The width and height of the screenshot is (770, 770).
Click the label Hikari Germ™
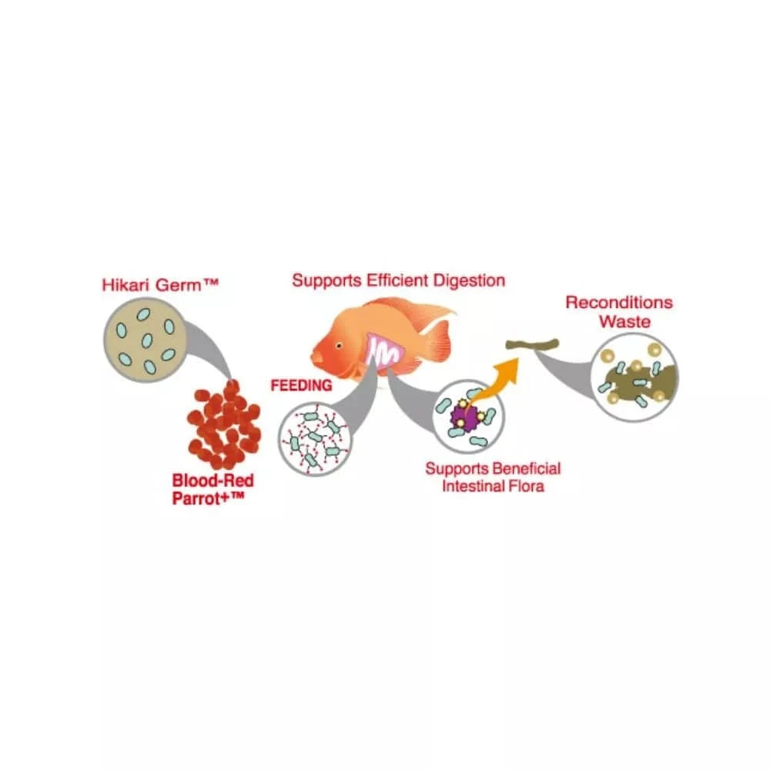[x=161, y=285]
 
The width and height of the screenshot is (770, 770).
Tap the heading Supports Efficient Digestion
[x=398, y=280]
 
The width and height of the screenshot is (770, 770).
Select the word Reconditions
[x=619, y=302]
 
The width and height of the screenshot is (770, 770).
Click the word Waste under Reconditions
[x=624, y=322]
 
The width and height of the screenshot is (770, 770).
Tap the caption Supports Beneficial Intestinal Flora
[x=493, y=477]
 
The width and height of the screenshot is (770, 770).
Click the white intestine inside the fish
[x=383, y=353]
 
